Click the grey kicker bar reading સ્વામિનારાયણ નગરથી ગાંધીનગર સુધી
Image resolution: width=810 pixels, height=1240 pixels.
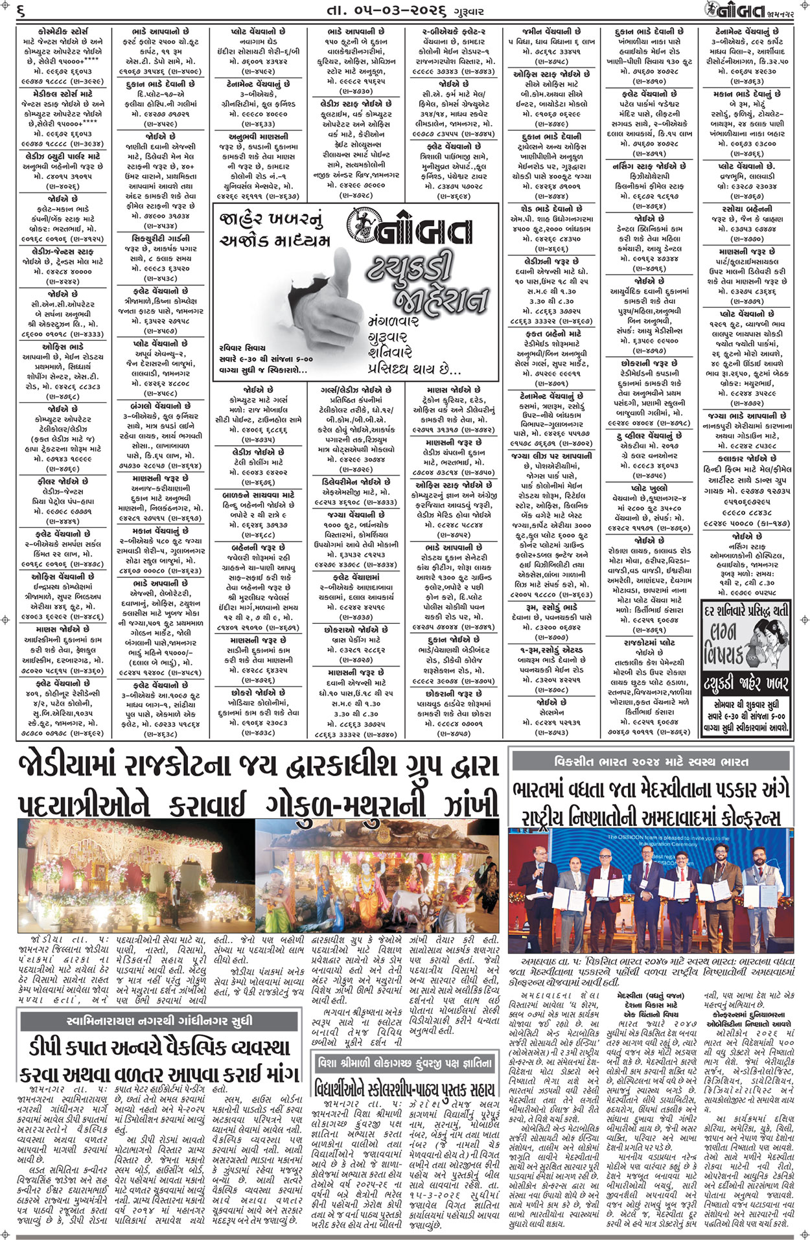click(x=159, y=1022)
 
